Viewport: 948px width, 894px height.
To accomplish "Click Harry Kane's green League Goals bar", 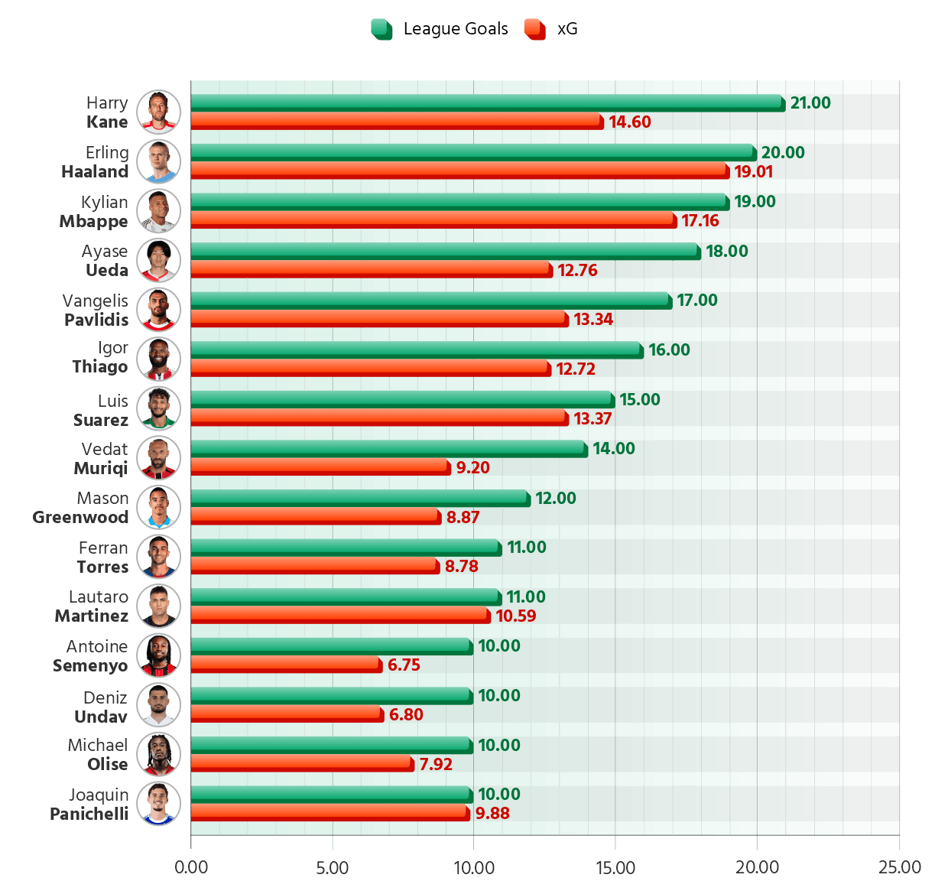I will pos(485,101).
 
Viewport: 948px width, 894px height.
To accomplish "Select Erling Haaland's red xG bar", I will pos(459,169).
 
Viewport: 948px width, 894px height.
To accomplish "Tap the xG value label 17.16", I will pos(700,221).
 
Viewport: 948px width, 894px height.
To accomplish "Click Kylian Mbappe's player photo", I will pos(159,211).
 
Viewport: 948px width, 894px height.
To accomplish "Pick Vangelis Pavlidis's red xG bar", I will pos(378,317).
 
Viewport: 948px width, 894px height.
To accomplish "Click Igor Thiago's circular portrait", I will pos(159,359).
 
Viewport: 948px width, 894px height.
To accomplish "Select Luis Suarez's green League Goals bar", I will pos(401,398).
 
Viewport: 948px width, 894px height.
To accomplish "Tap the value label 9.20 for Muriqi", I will pos(472,468).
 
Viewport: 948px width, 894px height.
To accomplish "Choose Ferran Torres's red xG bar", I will pos(313,564).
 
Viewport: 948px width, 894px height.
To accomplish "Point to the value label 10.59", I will pos(516,616).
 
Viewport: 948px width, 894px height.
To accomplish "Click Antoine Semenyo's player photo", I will pos(159,655).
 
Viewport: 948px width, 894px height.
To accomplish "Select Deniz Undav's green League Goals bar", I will pos(330,694).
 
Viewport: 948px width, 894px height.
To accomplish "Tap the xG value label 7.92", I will pos(436,765).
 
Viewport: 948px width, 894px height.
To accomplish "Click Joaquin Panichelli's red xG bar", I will pos(329,811).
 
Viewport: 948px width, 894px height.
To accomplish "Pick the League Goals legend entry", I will pos(440,29).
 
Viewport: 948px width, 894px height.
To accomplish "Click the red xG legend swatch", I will pos(534,29).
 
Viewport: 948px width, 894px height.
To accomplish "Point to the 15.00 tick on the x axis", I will pos(615,868).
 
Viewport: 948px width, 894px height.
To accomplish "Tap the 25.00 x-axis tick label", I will pos(900,868).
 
